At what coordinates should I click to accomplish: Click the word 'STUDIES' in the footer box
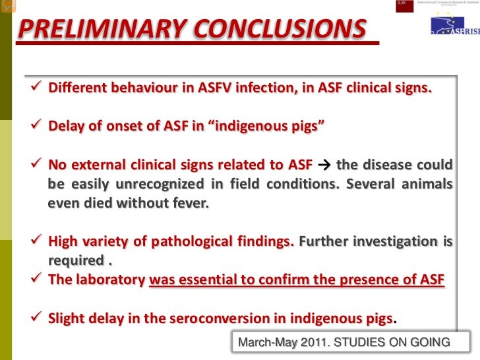click(361, 342)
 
